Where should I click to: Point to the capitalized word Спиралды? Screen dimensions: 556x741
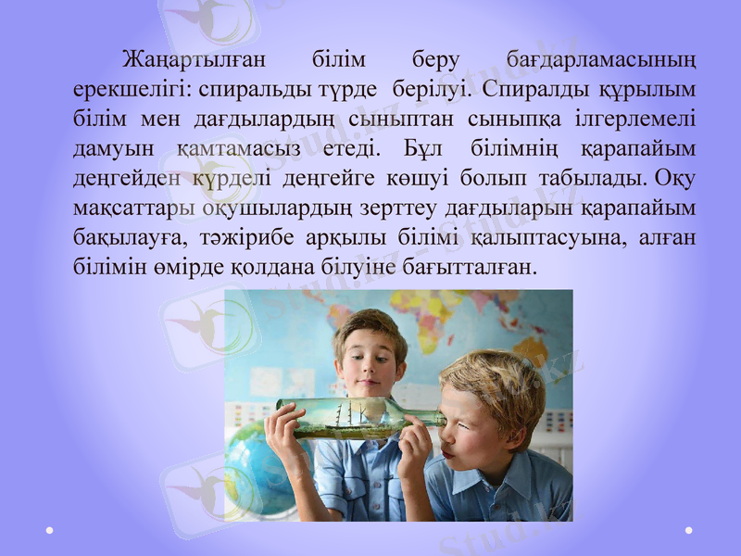pos(535,92)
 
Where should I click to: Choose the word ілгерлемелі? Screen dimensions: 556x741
pos(636,120)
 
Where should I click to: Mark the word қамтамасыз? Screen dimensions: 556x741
pos(233,149)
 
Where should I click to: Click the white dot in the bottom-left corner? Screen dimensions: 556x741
pos(49,530)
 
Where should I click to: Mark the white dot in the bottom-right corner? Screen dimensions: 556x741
pos(690,530)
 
